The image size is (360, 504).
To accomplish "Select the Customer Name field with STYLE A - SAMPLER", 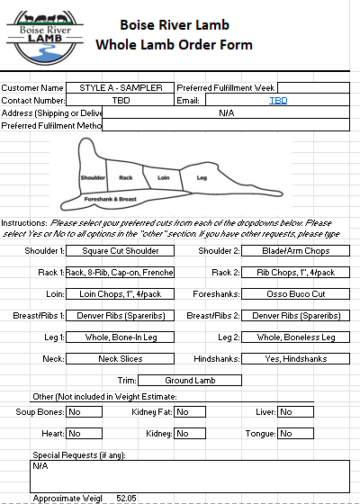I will (x=121, y=87).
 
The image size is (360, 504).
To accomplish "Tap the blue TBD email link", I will (x=278, y=101).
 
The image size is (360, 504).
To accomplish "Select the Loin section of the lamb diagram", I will (x=163, y=178).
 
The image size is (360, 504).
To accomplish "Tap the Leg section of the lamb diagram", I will (x=202, y=178).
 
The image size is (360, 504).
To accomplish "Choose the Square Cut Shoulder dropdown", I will (x=121, y=250).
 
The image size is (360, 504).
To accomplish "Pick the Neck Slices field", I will (x=121, y=358).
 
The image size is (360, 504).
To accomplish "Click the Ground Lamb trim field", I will (x=190, y=380).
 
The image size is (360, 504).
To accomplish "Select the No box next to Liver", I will (x=296, y=412).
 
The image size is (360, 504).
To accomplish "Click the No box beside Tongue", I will (x=296, y=433).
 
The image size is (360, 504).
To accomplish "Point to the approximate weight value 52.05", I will (x=126, y=497).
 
